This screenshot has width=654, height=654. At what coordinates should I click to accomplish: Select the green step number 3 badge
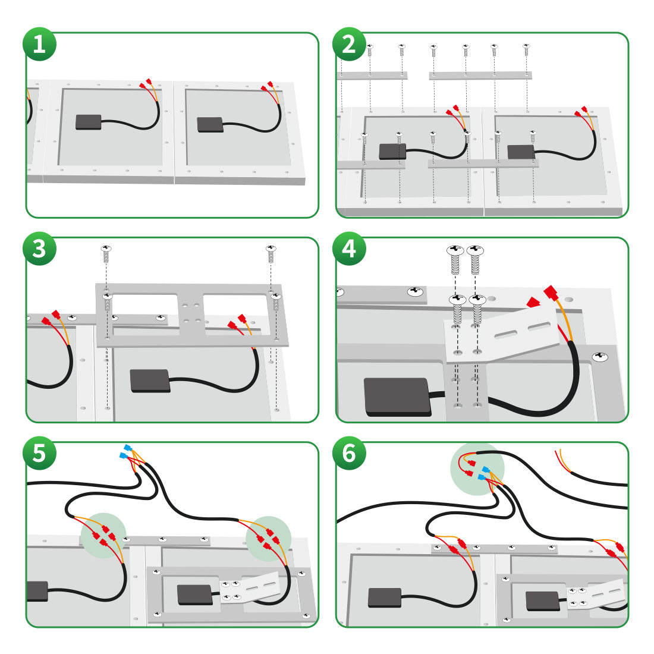(39, 249)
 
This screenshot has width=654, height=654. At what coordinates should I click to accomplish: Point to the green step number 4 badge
(349, 249)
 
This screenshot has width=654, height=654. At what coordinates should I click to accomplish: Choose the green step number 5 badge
(39, 453)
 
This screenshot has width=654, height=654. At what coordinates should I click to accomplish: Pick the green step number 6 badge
(349, 453)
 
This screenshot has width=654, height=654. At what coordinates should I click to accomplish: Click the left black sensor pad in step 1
(89, 122)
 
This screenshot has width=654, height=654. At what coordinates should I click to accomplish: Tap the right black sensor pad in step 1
(210, 124)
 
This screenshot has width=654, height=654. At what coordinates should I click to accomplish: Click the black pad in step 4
(398, 397)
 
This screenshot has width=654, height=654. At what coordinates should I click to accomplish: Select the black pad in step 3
(150, 380)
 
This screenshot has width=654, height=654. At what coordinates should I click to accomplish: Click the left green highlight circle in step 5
(103, 535)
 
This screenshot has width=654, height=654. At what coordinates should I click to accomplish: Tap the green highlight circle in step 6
(477, 469)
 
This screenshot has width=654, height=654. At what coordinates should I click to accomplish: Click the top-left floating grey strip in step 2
(373, 76)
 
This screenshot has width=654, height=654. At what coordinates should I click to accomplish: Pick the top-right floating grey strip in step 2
(480, 76)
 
